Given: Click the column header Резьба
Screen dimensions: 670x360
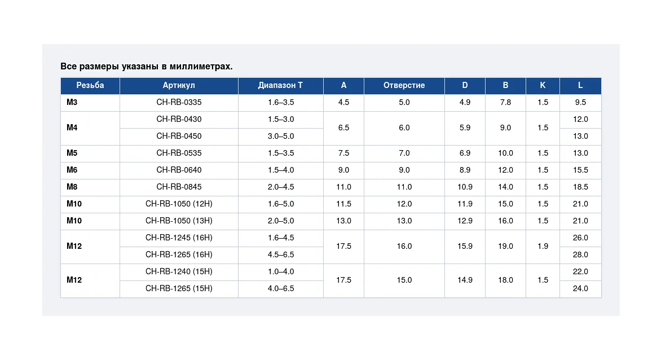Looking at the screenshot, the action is (90, 86).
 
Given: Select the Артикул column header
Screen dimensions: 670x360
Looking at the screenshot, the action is (179, 86).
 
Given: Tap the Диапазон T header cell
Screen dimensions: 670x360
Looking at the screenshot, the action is (280, 86).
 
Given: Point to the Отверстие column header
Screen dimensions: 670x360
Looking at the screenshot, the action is (404, 86).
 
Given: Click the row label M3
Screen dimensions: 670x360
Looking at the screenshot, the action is (72, 102).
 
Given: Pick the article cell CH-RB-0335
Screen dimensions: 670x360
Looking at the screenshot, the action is (179, 102).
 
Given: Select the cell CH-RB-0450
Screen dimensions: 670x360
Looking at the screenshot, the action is (179, 136).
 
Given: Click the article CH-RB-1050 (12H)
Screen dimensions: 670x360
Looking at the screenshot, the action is (179, 204).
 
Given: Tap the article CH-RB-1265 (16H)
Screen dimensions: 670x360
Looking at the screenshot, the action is (179, 254).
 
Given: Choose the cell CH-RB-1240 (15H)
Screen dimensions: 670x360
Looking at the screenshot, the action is (179, 271).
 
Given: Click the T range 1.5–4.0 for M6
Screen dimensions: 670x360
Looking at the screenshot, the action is (281, 170).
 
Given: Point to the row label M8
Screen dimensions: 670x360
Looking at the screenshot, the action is (72, 187).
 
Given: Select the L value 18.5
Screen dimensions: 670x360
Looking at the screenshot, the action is (580, 187).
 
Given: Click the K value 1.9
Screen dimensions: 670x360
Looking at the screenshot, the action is (543, 246).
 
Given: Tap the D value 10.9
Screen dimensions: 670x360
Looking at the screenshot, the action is (465, 187).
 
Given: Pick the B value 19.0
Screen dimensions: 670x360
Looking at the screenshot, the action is (505, 246).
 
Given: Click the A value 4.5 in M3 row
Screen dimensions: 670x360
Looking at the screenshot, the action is (343, 102).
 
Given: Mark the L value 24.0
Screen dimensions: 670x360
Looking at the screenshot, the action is (580, 288).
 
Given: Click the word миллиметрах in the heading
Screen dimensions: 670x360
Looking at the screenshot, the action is (201, 66).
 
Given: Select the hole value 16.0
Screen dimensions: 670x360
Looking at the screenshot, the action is (404, 246).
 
